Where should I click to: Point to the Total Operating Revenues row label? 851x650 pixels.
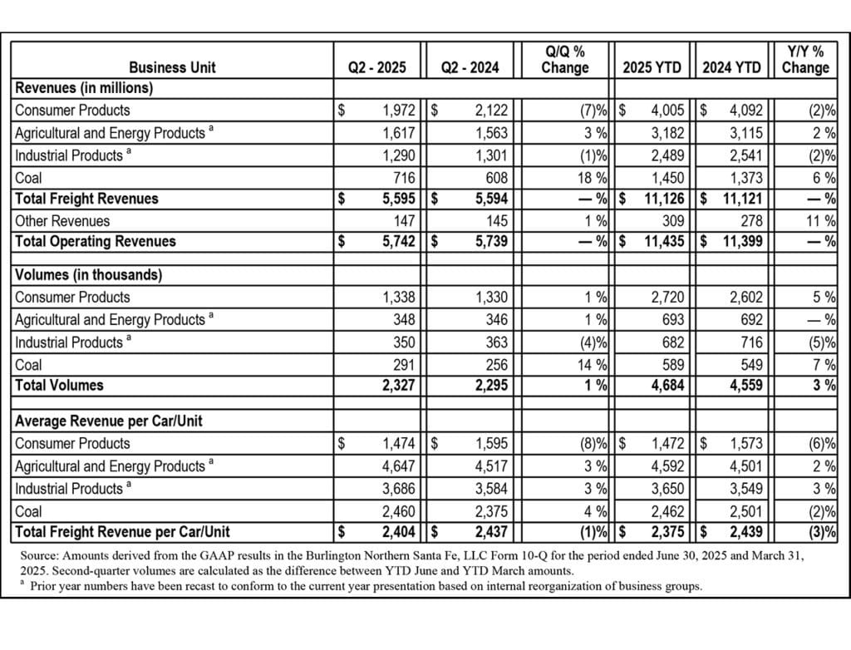coord(96,241)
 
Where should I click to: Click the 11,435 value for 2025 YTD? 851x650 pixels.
coord(662,241)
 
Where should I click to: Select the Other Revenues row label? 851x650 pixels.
coord(62,220)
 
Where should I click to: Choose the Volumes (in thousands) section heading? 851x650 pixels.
coord(89,274)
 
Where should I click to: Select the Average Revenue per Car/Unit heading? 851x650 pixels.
coord(109,421)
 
